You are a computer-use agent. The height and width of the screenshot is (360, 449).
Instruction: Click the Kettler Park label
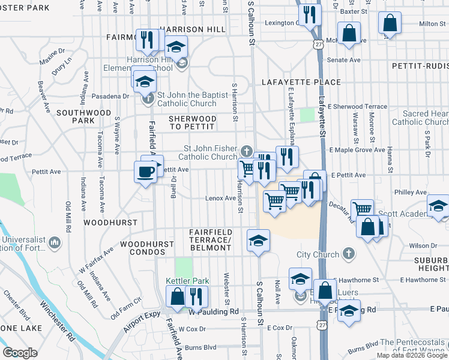187,281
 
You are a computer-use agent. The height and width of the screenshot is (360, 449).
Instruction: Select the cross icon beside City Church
349,254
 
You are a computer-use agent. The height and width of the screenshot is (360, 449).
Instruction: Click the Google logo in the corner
20,353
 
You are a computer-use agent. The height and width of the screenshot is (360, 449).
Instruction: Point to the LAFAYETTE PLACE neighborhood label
301,82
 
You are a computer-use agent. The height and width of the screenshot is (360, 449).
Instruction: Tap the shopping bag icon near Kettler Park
178,296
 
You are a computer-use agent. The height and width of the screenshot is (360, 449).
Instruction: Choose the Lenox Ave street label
220,198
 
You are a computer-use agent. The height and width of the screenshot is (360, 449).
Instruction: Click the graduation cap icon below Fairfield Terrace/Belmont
258,241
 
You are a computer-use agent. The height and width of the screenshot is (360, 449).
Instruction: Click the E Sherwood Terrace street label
361,106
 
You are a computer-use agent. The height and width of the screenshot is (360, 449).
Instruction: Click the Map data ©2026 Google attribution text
412,355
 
